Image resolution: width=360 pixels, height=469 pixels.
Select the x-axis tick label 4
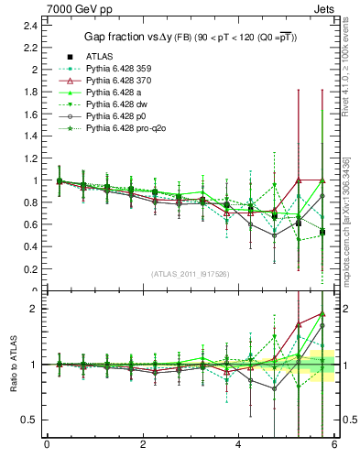tap(239, 444)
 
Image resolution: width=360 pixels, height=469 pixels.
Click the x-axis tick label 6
tap(334, 444)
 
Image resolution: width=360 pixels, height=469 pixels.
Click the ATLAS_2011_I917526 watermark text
tap(190, 274)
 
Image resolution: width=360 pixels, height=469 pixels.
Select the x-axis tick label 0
tap(48, 444)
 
